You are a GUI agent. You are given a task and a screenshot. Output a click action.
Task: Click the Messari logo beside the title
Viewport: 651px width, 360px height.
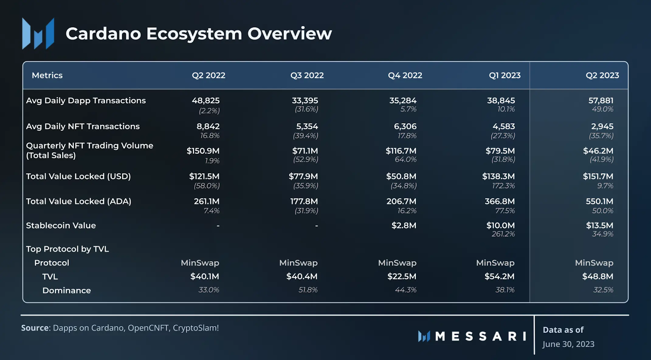[x=38, y=33]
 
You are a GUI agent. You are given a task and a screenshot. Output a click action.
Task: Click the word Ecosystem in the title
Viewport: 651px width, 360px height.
[x=194, y=33]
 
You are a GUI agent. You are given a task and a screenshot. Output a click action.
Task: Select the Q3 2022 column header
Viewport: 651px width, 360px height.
[x=307, y=75]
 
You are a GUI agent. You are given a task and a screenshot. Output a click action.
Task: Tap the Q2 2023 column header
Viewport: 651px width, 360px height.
[x=602, y=75]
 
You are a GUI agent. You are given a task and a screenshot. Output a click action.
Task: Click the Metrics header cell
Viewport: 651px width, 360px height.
[x=47, y=75]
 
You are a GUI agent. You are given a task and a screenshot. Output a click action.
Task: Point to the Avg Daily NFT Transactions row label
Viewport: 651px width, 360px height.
[x=83, y=127]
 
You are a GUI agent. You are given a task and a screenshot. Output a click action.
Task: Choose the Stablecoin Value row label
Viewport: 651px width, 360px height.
[x=61, y=225]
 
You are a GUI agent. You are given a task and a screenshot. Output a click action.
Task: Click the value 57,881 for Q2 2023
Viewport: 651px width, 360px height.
[x=601, y=100]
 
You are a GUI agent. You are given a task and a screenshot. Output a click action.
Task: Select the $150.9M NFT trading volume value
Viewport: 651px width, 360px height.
[x=203, y=151]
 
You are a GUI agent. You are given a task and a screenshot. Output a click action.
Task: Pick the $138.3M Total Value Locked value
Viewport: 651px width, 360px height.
[x=498, y=177]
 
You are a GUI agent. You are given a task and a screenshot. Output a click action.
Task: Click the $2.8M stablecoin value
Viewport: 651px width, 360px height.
[x=404, y=225]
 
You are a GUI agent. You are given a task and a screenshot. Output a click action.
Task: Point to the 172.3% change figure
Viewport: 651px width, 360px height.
[x=503, y=186]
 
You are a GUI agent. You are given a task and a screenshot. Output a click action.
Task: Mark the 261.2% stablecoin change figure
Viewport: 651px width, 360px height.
[x=503, y=234]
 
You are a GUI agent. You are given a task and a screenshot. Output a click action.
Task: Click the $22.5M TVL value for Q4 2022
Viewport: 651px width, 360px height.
[x=402, y=277]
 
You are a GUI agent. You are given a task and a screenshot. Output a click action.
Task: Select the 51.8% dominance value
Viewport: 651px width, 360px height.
[x=308, y=290]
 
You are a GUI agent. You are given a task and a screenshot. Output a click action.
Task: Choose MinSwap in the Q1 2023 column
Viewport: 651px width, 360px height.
[x=495, y=263]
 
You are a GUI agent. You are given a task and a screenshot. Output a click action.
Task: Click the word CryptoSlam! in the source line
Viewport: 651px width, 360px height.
[x=196, y=328]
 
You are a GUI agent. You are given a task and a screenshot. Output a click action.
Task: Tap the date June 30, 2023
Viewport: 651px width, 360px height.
[x=568, y=344]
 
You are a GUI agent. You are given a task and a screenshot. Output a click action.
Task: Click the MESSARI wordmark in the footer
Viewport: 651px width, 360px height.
[x=481, y=336]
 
